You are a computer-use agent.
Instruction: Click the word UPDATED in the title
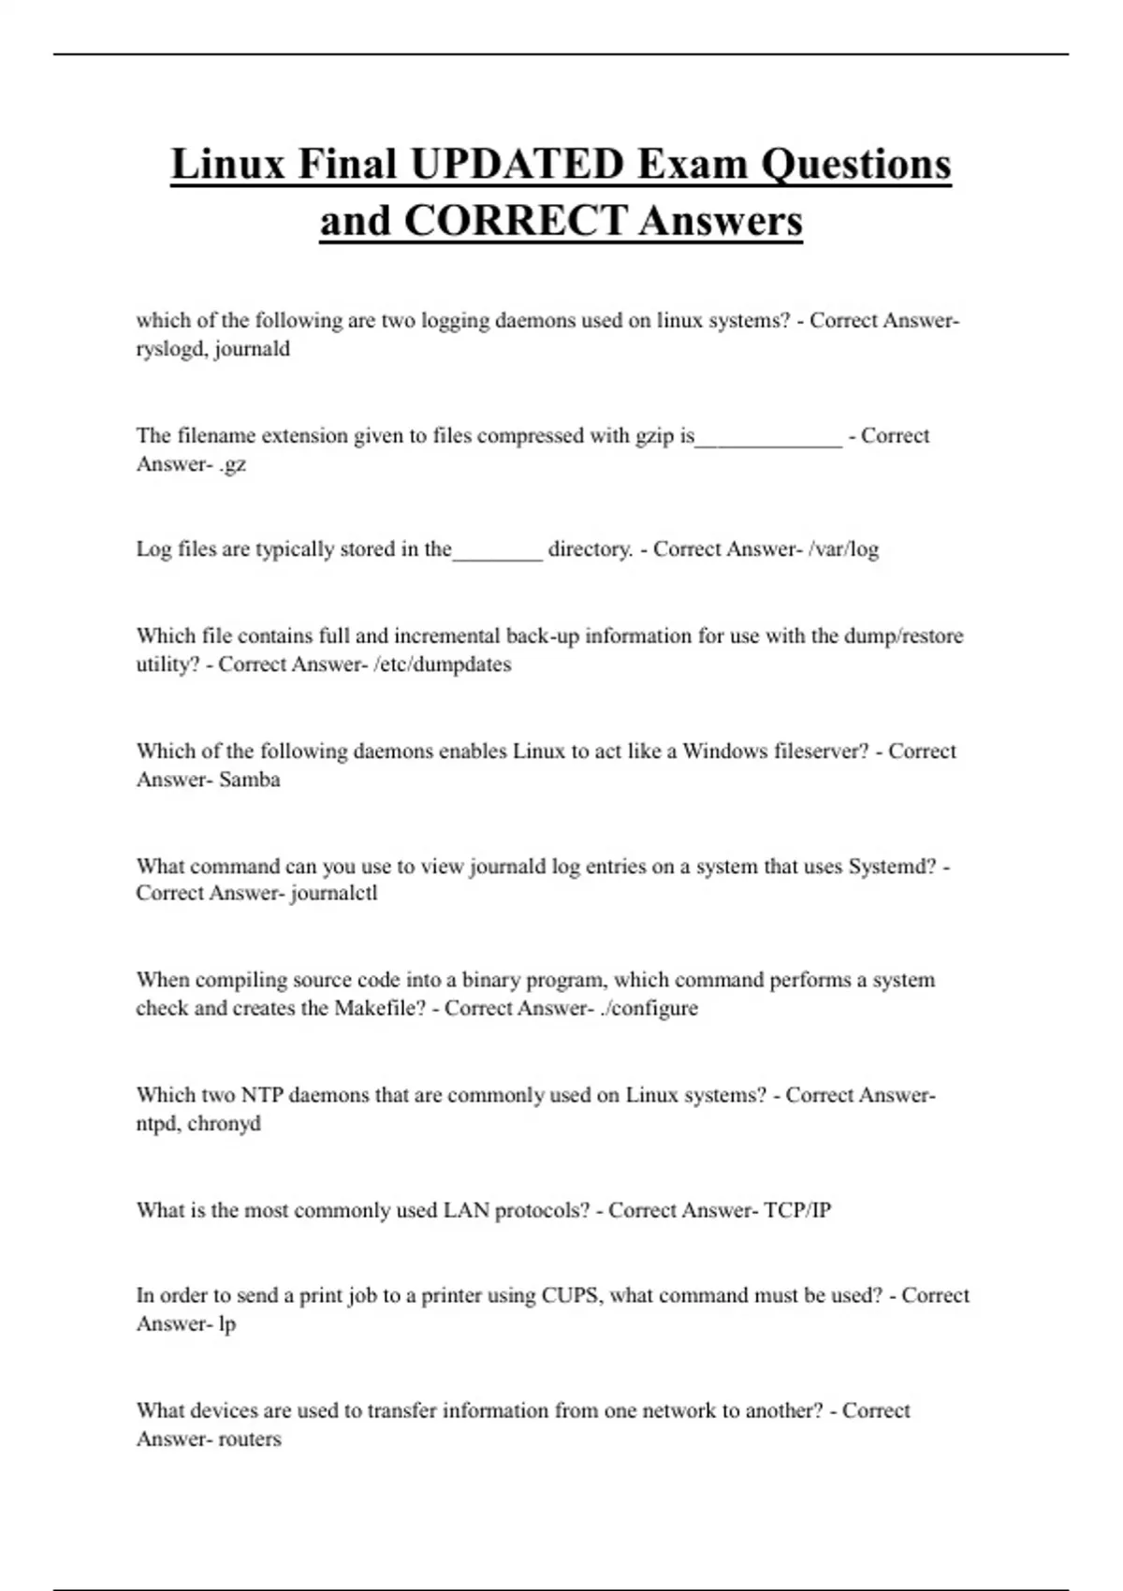pyautogui.click(x=517, y=165)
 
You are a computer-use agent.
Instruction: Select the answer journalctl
pyautogui.click(x=334, y=893)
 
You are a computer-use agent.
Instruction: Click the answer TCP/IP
pyautogui.click(x=797, y=1210)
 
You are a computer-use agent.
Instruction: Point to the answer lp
pyautogui.click(x=226, y=1324)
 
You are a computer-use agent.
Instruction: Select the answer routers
pyautogui.click(x=249, y=1439)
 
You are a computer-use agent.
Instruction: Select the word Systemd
pyautogui.click(x=892, y=867)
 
